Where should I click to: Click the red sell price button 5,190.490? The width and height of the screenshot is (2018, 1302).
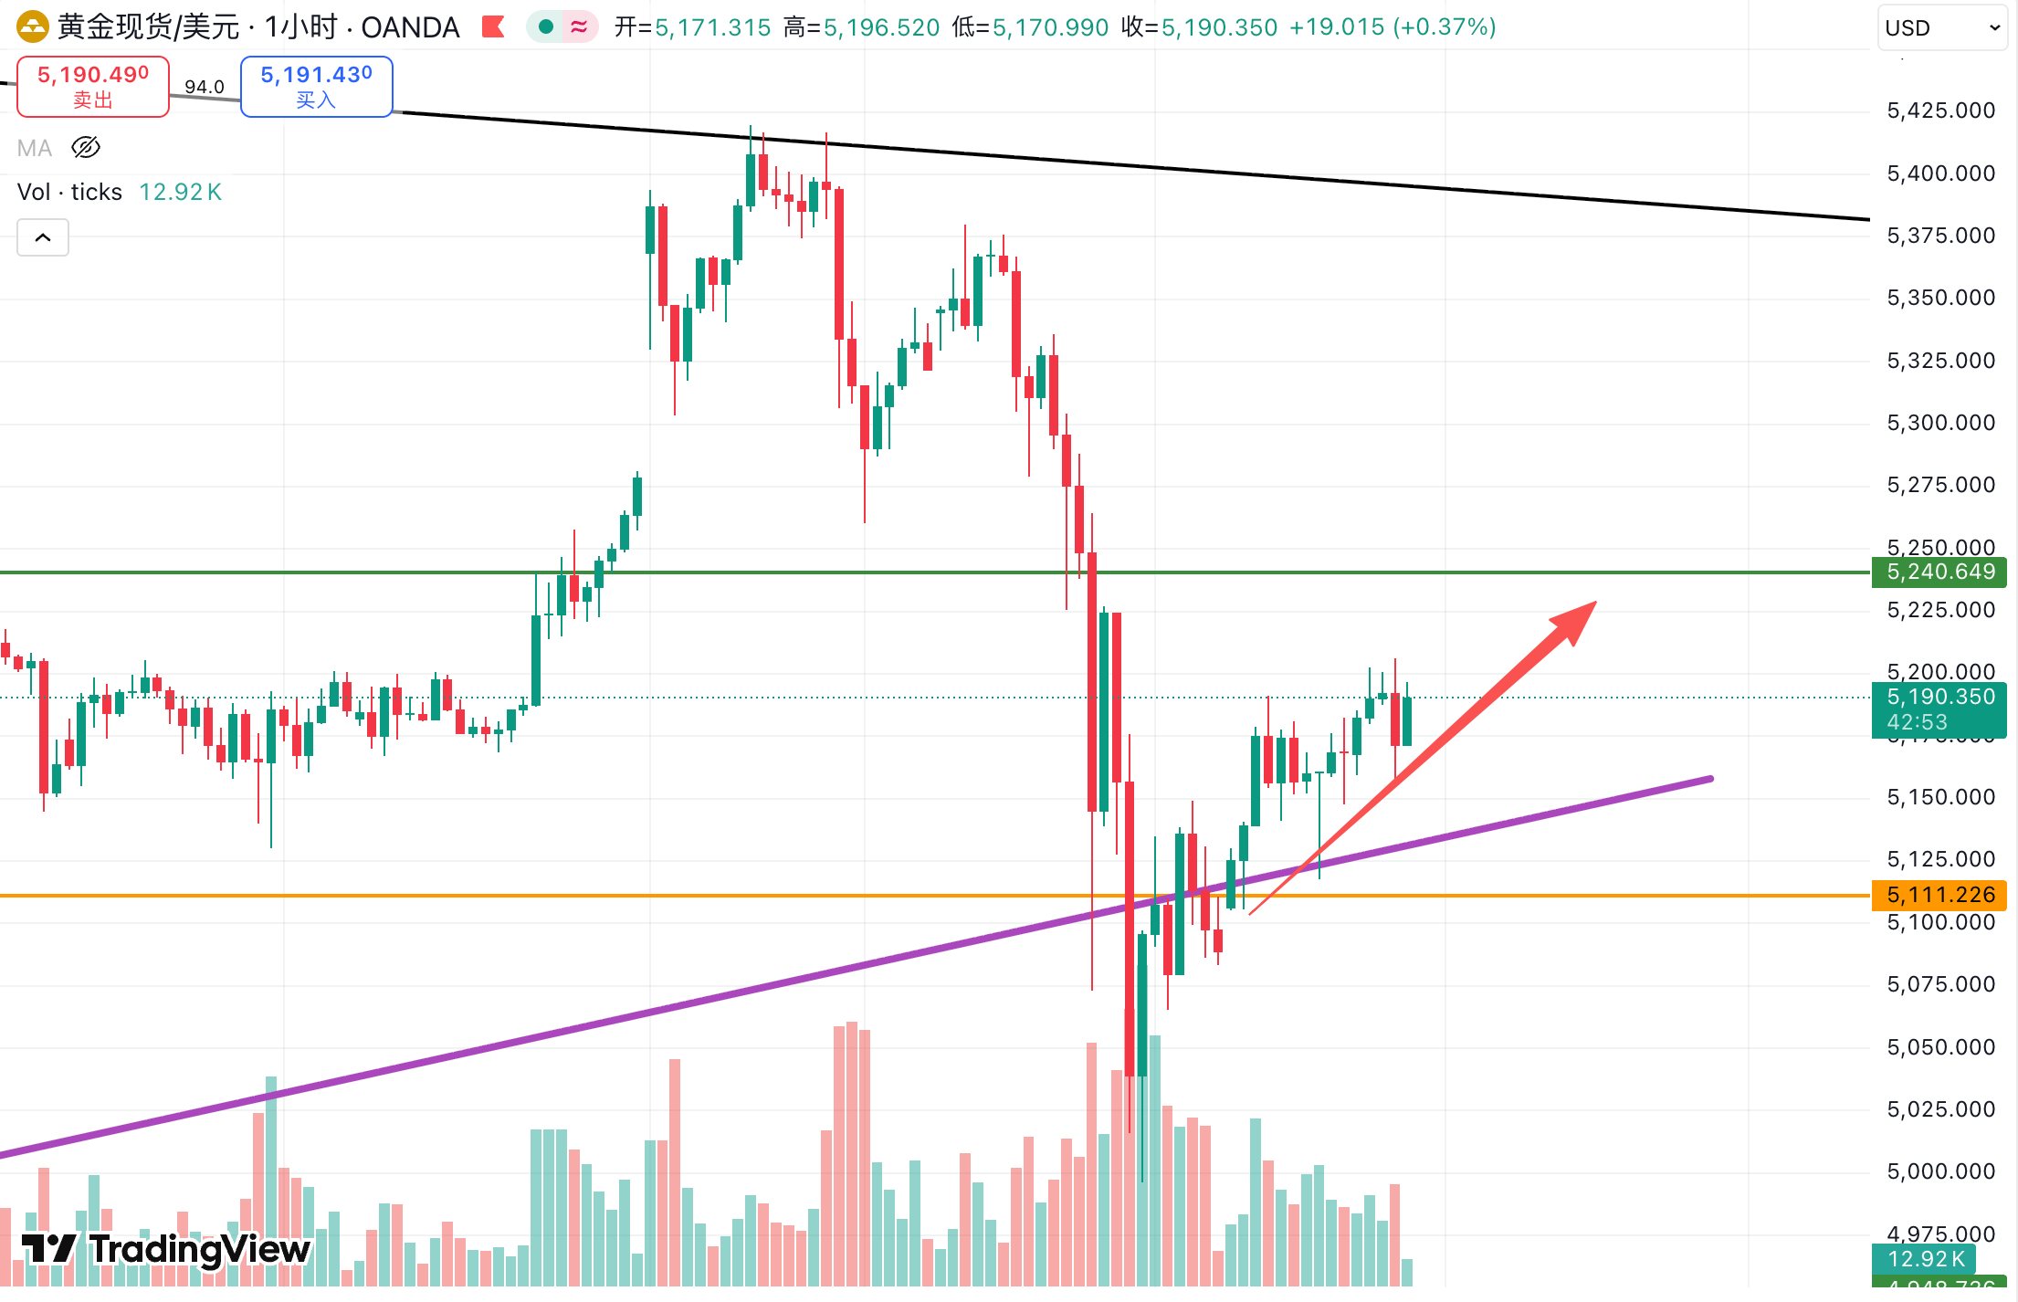(x=93, y=86)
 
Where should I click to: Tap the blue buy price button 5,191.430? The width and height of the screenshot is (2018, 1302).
(x=316, y=86)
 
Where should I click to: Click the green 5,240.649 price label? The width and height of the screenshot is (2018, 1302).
(x=1939, y=572)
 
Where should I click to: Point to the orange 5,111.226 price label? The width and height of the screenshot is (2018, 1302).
(x=1939, y=895)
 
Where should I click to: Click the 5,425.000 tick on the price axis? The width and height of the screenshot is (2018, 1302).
(x=1940, y=110)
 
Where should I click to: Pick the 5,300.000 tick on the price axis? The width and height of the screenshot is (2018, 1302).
(x=1940, y=423)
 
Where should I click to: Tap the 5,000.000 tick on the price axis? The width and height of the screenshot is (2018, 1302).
(x=1940, y=1171)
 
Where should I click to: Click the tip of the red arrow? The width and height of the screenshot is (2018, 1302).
(x=1594, y=603)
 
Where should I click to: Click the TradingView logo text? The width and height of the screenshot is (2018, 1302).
(x=199, y=1249)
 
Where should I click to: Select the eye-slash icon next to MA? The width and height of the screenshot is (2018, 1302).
(x=86, y=147)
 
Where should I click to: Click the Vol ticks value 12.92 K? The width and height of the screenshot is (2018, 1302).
(x=180, y=192)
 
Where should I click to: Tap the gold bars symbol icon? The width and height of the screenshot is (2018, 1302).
(x=32, y=26)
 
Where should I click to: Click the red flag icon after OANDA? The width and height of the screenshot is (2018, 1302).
(x=493, y=26)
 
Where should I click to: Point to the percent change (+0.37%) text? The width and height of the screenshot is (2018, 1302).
(x=1445, y=27)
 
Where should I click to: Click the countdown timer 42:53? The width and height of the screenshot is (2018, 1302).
(x=1917, y=722)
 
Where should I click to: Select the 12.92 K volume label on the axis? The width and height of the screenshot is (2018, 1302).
(x=1925, y=1259)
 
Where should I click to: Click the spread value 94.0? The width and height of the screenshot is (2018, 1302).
(x=205, y=87)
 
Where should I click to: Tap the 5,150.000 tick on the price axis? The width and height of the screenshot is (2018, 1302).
(x=1940, y=797)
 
